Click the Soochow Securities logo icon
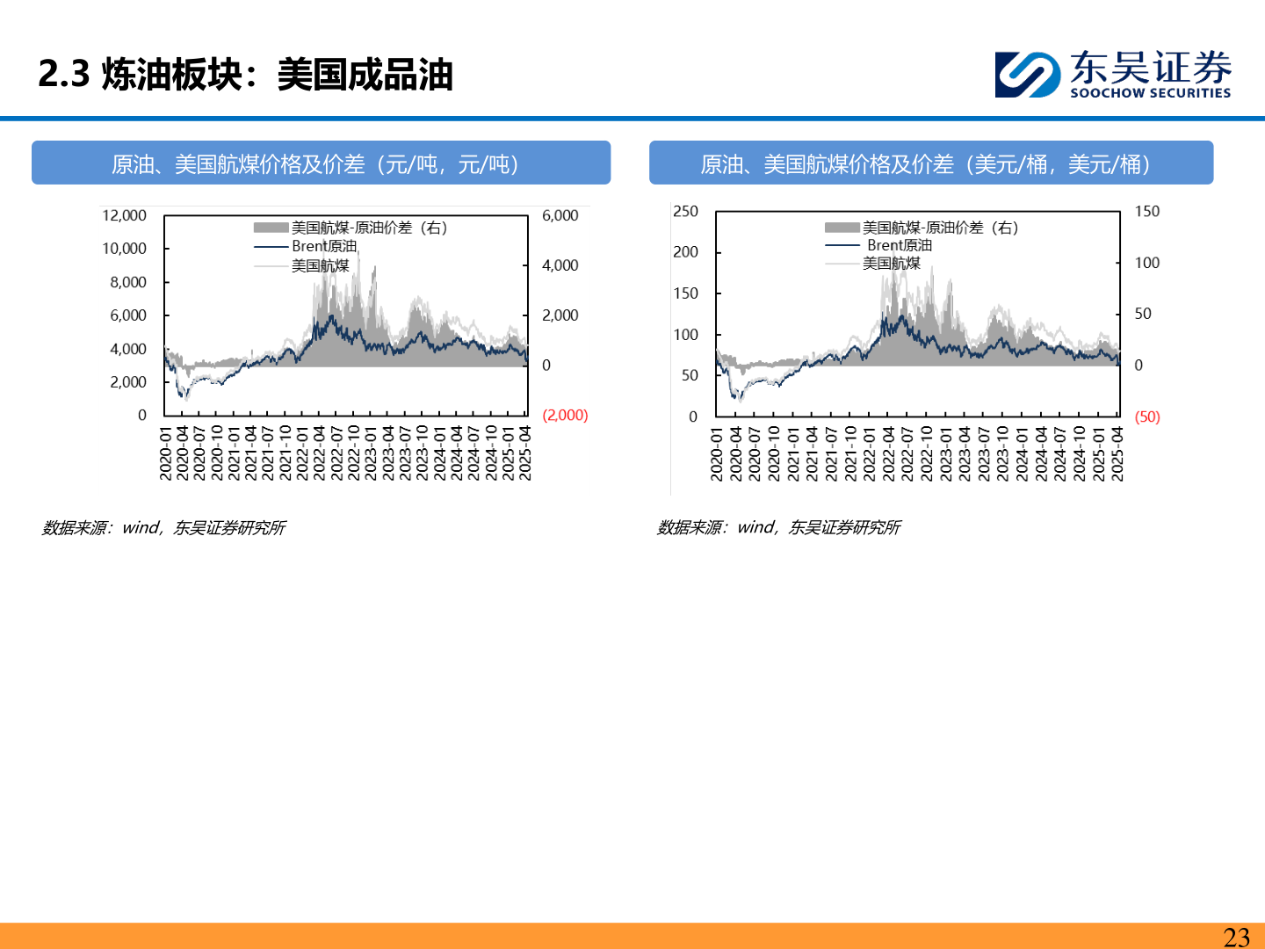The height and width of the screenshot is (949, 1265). tap(1027, 74)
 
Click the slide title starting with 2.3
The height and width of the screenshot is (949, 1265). tap(245, 75)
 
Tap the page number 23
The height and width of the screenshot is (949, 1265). tap(1236, 937)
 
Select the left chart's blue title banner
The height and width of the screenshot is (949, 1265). tap(321, 163)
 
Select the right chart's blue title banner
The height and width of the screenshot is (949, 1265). tap(930, 163)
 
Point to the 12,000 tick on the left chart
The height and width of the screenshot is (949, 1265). tap(124, 215)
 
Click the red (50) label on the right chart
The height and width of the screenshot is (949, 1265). tap(1147, 417)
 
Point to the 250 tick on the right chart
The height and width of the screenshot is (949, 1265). tap(685, 212)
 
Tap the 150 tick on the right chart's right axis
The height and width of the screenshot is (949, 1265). tap(1146, 212)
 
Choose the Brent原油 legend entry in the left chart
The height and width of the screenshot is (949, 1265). tap(323, 246)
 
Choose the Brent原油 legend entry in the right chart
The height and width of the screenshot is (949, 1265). tap(899, 245)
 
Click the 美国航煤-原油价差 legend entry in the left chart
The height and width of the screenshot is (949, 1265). tap(368, 228)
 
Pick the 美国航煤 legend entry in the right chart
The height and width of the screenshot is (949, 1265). tap(891, 264)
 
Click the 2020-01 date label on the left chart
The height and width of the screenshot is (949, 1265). tap(165, 453)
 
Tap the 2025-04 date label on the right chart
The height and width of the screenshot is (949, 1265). tap(1117, 453)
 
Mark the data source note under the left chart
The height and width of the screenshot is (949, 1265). tap(163, 527)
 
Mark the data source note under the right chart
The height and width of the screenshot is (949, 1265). tap(778, 527)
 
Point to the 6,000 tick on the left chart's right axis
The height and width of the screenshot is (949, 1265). tap(560, 215)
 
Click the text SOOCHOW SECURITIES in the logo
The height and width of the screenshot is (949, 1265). tap(1150, 93)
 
